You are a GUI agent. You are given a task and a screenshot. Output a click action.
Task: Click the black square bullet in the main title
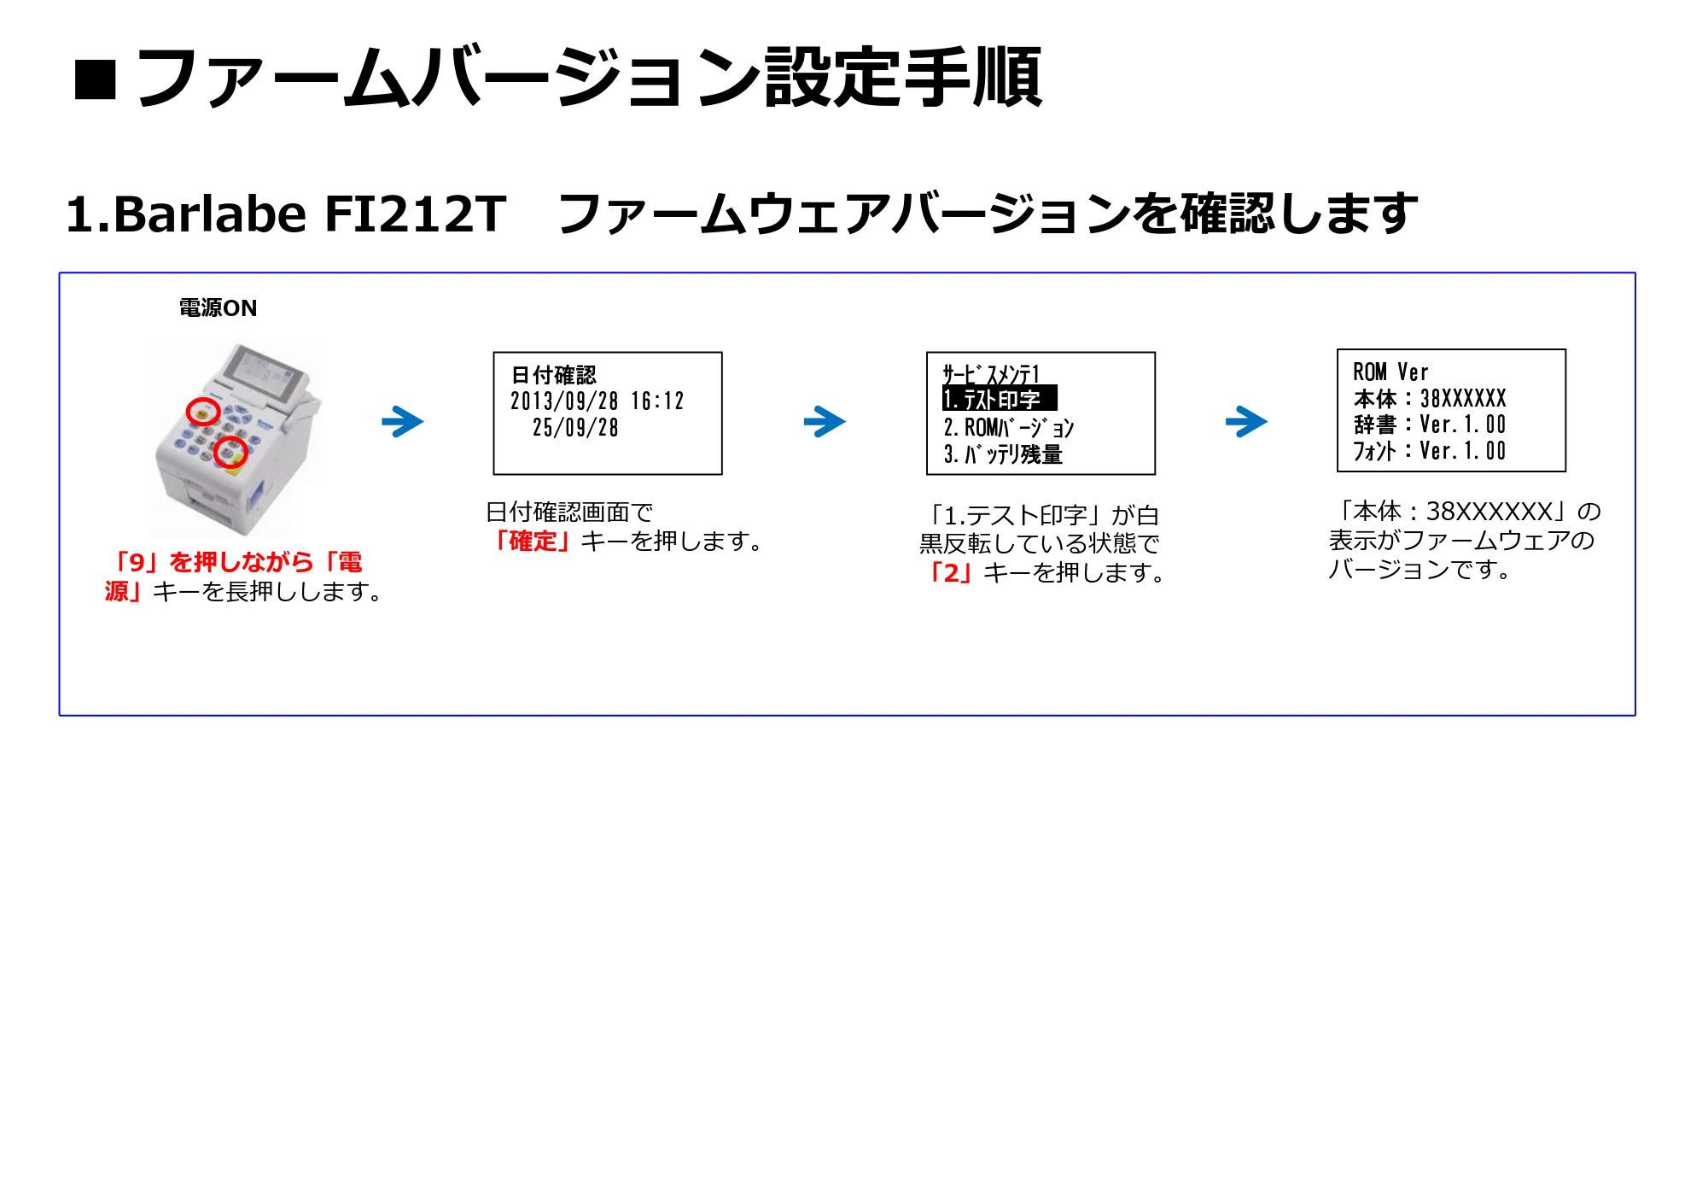96,80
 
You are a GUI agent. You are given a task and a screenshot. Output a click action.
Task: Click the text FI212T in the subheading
416,214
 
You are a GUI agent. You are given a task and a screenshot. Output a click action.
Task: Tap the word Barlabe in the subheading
209,214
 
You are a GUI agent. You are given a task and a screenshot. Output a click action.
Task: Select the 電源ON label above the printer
218,307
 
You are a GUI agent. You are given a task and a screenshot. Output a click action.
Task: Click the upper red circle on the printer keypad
203,413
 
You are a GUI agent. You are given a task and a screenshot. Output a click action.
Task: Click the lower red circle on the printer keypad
230,452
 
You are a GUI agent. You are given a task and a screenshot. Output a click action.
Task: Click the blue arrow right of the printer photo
403,421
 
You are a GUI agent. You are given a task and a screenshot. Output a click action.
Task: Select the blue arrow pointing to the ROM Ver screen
1246,421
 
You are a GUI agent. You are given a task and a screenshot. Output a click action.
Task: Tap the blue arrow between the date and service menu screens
825,421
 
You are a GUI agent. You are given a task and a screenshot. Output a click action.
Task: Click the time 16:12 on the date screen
657,401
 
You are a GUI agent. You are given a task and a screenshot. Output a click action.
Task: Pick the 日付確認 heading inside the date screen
554,375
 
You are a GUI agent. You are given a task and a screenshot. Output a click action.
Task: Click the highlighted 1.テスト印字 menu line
1000,399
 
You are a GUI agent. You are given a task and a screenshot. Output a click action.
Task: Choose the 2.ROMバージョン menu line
1009,427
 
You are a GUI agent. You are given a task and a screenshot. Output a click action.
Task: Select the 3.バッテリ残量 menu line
1003,454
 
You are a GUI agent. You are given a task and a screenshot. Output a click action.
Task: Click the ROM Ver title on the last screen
1390,372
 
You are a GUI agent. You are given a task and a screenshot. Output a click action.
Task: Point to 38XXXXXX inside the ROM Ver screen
1463,399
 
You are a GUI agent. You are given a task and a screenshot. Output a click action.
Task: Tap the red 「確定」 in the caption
533,542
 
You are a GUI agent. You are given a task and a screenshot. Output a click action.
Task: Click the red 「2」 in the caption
951,572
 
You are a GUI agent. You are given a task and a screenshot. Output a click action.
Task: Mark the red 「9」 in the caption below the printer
137,562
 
